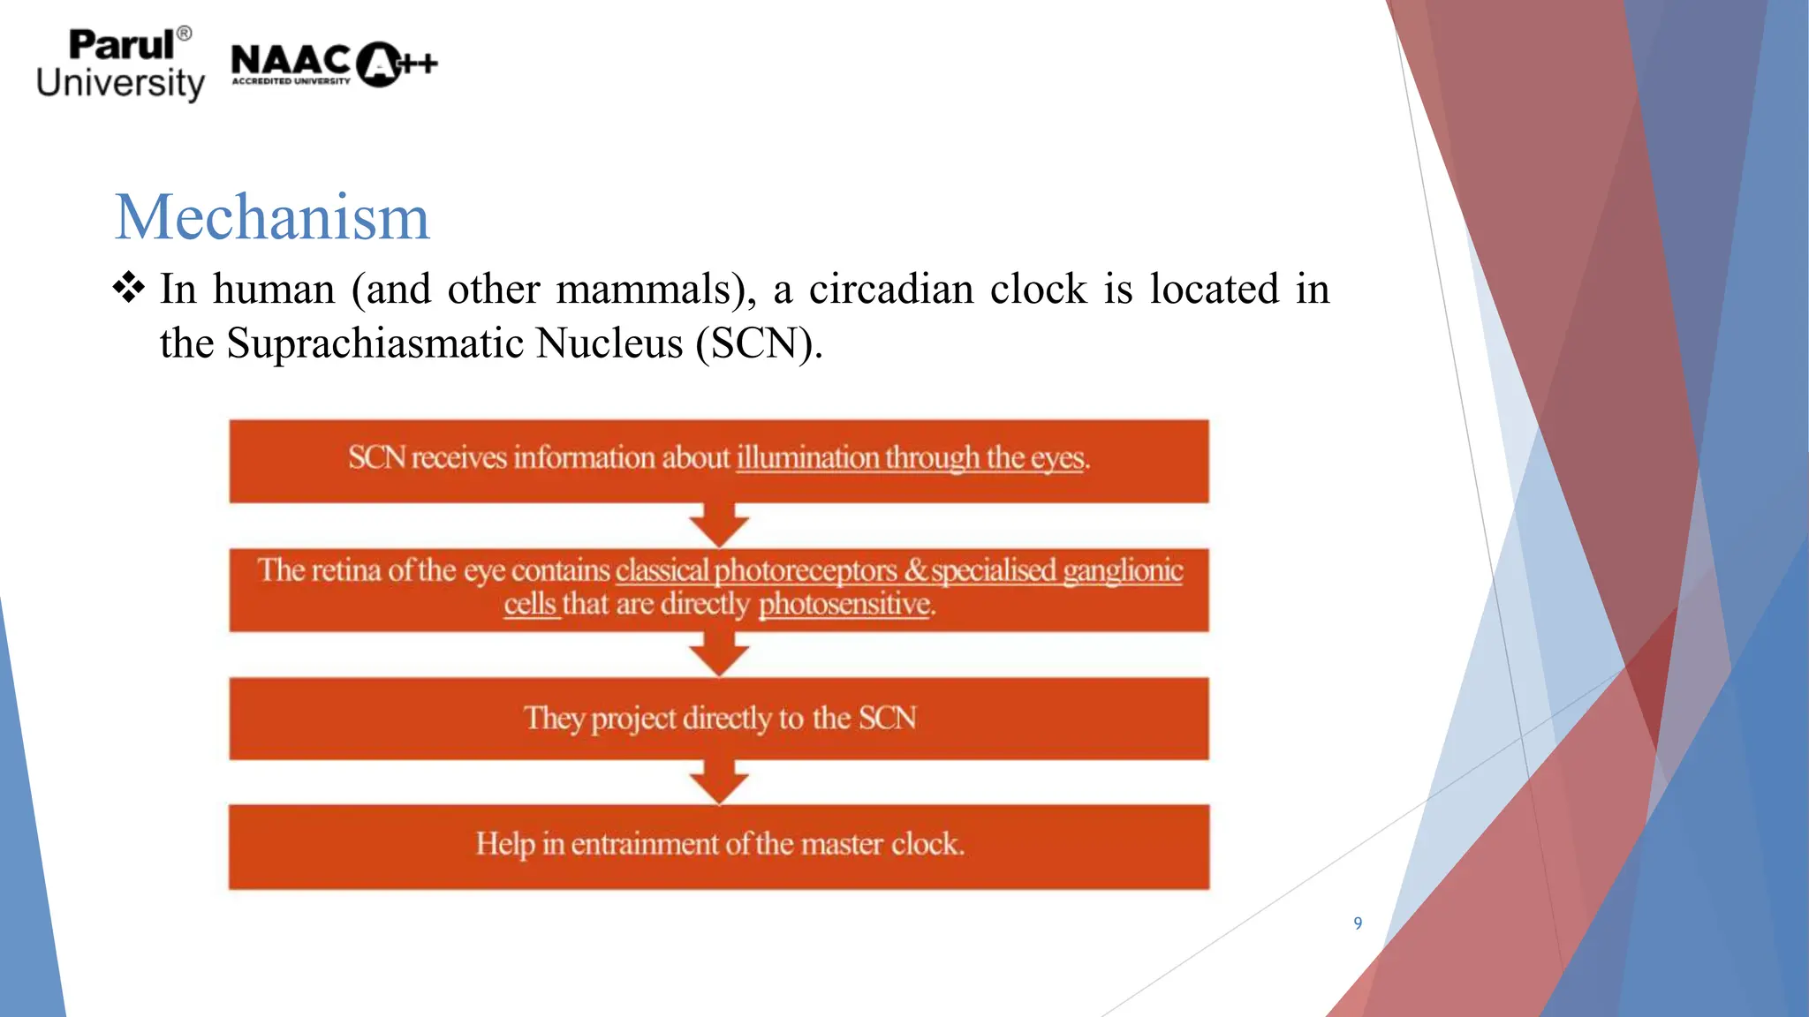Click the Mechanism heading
(x=272, y=217)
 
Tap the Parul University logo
(x=120, y=65)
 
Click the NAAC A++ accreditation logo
(x=334, y=64)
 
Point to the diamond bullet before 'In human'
(x=129, y=288)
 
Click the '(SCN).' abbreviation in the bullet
(x=759, y=343)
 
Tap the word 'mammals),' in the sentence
(x=655, y=290)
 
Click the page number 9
(x=1358, y=923)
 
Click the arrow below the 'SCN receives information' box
(x=719, y=525)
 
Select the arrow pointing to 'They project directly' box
(x=719, y=654)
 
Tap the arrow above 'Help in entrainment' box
(x=719, y=782)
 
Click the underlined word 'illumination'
(x=807, y=458)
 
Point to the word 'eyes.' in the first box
(x=1060, y=459)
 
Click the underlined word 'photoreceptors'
(x=805, y=571)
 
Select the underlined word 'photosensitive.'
(x=846, y=605)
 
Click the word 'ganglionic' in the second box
(x=1122, y=571)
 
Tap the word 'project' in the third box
(x=634, y=719)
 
